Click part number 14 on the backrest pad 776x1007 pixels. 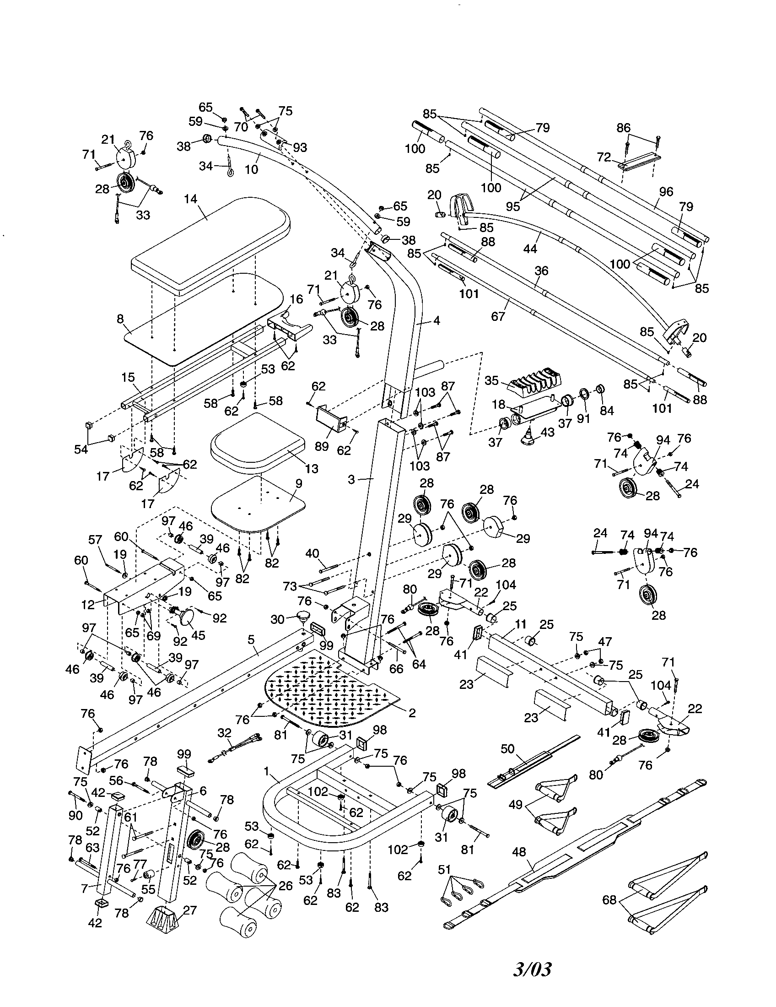click(x=190, y=199)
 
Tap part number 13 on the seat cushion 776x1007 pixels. click(x=312, y=468)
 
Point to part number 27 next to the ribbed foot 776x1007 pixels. click(x=190, y=910)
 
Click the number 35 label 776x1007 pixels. click(x=492, y=380)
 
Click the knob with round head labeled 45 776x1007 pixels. click(x=187, y=617)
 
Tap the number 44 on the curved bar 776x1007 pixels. click(x=530, y=249)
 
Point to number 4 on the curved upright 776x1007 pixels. click(x=436, y=320)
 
